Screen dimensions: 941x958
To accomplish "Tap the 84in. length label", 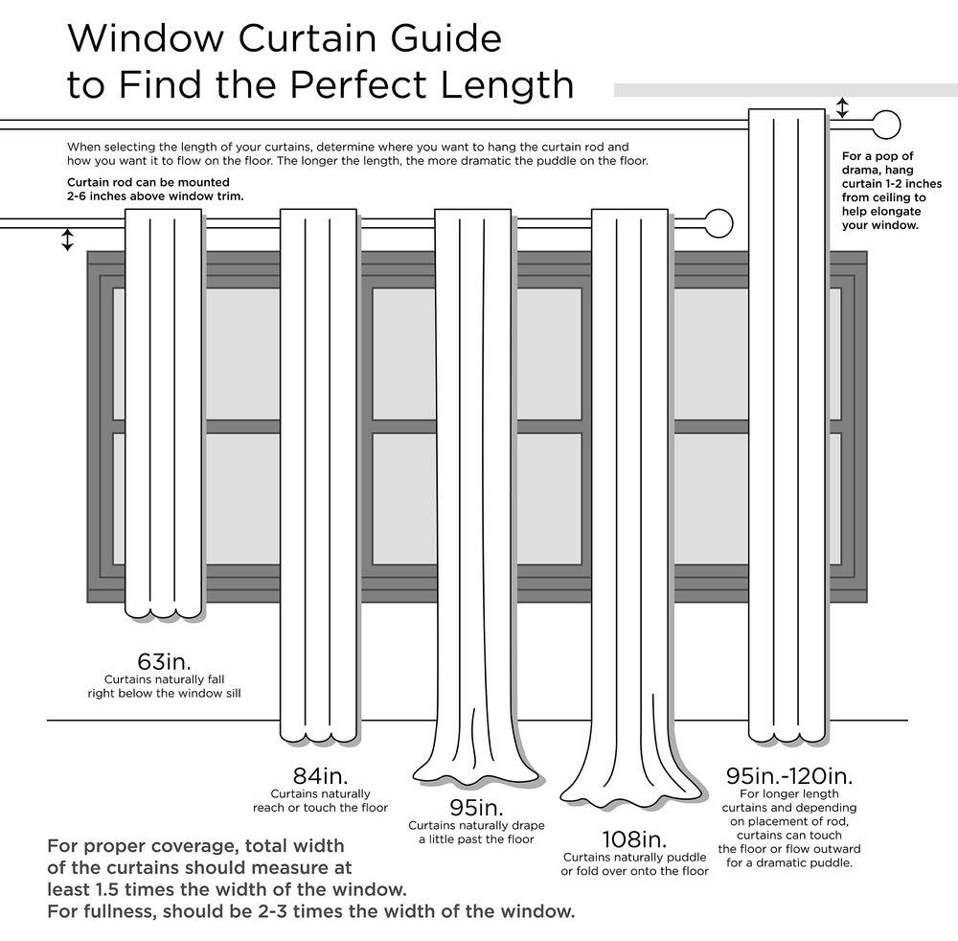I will [320, 775].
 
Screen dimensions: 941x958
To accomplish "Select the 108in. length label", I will [634, 839].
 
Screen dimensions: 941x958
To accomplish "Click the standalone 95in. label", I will [476, 808].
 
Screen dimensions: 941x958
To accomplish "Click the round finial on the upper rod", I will [887, 126].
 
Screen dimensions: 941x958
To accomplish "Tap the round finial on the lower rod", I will [718, 224].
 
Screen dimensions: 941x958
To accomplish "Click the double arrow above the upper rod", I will [842, 107].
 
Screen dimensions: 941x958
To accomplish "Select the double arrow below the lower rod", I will [67, 240].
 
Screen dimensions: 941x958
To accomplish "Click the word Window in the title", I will [140, 39].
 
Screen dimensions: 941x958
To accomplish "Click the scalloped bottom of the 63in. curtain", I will [163, 609].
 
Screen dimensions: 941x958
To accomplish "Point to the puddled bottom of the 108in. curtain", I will [632, 791].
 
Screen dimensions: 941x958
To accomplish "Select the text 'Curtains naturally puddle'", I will [634, 857].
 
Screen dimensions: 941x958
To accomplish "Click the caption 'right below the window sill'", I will [164, 692].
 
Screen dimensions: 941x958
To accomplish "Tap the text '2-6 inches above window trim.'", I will [155, 195].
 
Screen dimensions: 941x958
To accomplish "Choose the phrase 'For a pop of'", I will [878, 155].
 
